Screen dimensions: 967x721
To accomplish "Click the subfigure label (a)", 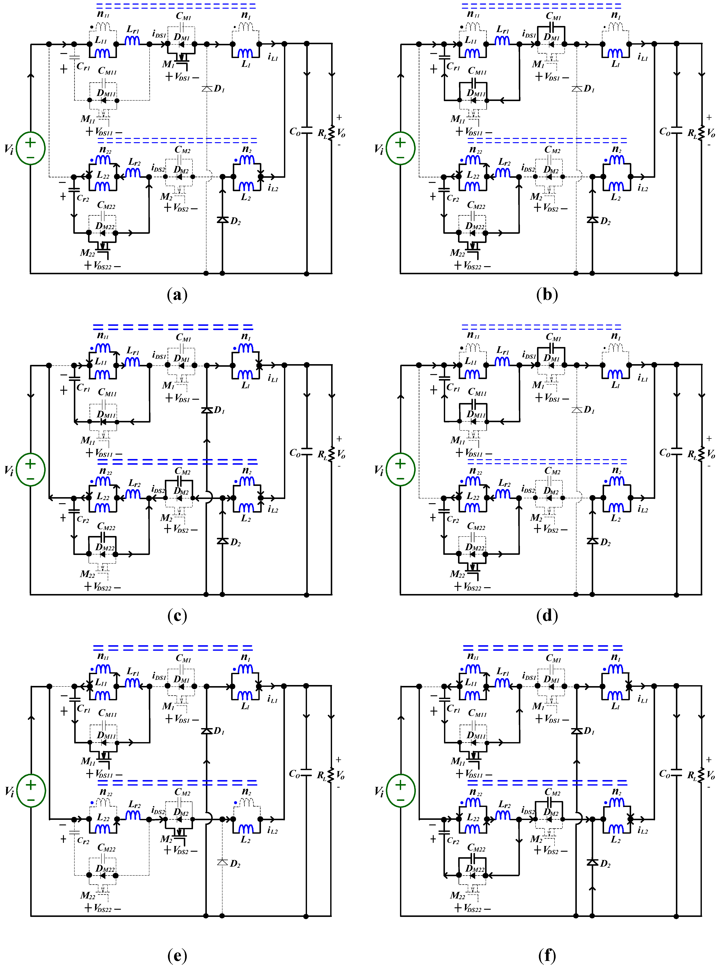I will [177, 295].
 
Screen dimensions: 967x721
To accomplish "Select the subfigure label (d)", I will [547, 616].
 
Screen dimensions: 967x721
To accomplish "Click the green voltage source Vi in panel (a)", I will [31, 148].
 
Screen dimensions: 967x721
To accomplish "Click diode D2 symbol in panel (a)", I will [223, 220].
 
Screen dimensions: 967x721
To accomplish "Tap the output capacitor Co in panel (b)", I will [676, 131].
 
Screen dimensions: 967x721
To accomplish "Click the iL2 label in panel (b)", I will [642, 188].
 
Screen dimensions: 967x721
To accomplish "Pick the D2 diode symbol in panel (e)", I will [223, 862].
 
